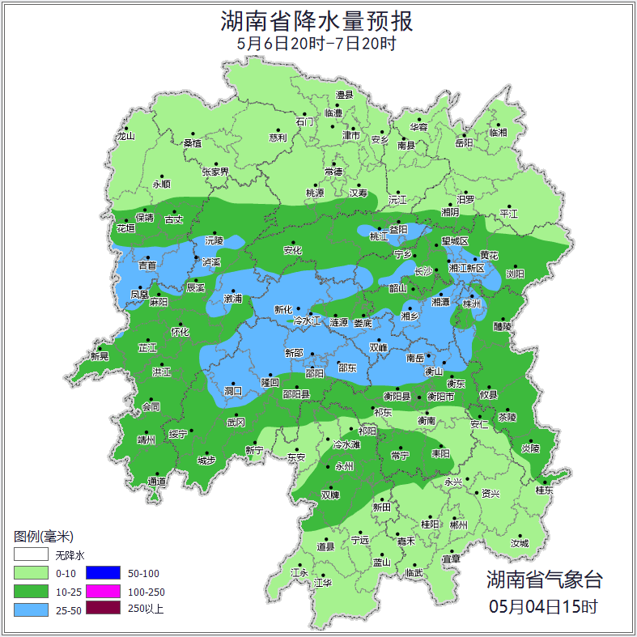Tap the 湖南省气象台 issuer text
point(544,579)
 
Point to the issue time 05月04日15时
point(544,605)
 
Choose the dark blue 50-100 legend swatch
point(103,572)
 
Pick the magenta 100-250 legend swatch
point(103,591)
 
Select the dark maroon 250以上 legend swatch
point(103,609)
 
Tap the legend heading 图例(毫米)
point(44,537)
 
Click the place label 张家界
point(215,172)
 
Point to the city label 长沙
point(424,271)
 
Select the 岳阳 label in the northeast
point(464,143)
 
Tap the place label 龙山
point(125,136)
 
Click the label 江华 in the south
point(323,582)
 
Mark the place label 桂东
point(544,490)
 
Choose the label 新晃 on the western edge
point(100,356)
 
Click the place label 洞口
point(233,390)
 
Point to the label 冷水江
point(307,321)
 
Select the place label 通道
point(157,482)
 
